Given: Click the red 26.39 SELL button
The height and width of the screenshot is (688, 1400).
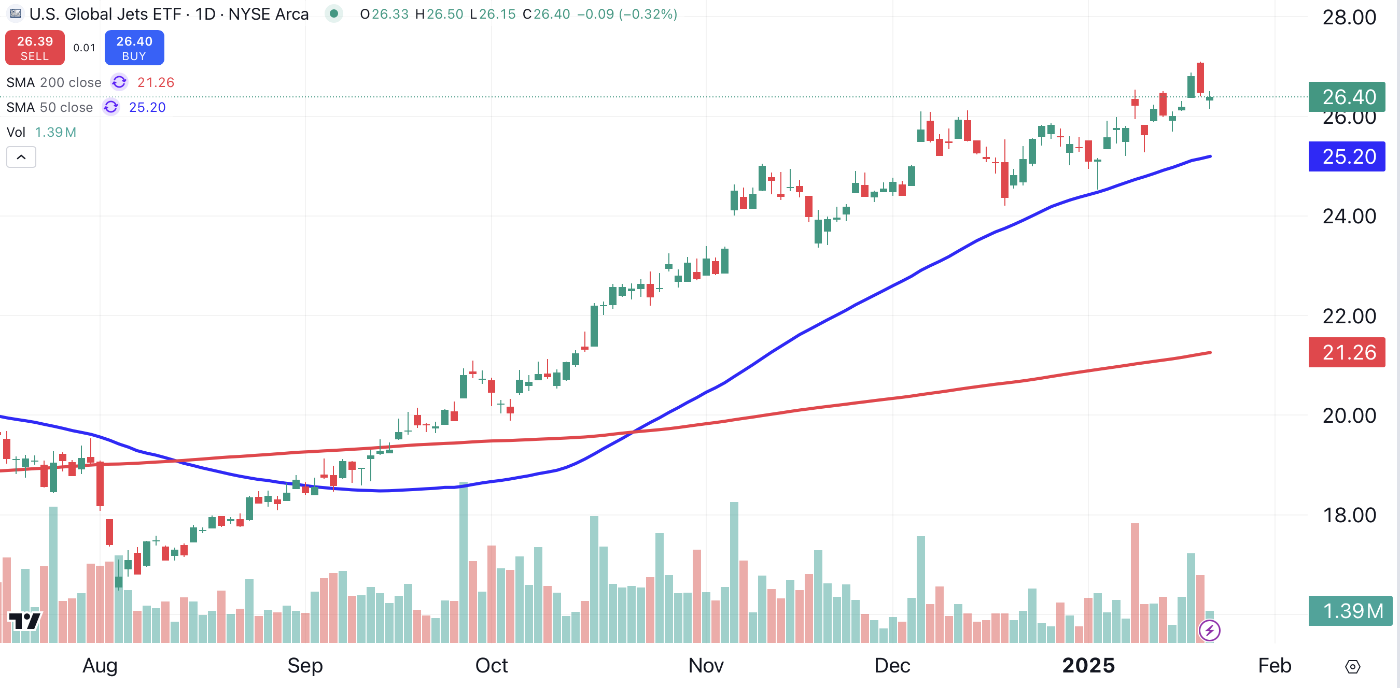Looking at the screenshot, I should pos(35,48).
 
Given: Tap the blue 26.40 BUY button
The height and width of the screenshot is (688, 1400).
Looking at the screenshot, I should pos(134,48).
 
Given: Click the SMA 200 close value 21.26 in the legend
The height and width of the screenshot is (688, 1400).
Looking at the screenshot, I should pos(156,82).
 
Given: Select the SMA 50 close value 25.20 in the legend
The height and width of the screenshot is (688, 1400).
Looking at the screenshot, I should pos(147,108).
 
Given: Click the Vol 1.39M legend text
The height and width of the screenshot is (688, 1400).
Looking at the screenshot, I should pos(41,133).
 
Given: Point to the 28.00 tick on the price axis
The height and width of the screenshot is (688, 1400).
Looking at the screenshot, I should pos(1349,18).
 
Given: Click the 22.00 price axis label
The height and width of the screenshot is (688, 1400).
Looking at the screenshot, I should pos(1349,316).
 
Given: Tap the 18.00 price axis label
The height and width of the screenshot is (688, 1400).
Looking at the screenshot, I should pos(1349,515).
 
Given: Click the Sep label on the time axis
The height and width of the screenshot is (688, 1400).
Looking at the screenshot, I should pos(305,666).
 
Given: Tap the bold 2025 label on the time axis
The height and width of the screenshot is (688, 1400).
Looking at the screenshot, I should pos(1088,666).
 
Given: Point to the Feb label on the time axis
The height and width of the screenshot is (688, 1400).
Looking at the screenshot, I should pos(1275,666).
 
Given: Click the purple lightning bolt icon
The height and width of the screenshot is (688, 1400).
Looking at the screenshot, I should pos(1209,630).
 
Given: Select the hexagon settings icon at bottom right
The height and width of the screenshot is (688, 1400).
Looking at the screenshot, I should pos(1353,666).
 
